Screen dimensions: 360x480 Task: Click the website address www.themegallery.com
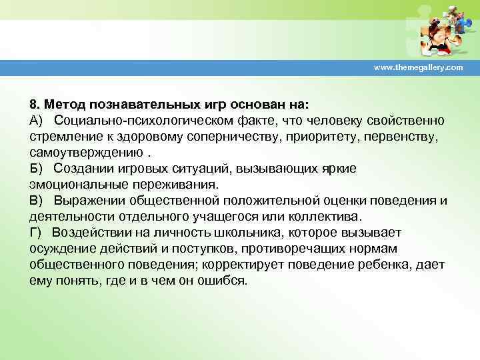pos(418,69)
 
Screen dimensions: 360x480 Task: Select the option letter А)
pos(36,120)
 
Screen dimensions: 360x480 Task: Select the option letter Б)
pos(36,169)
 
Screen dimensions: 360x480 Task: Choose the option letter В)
pos(36,200)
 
